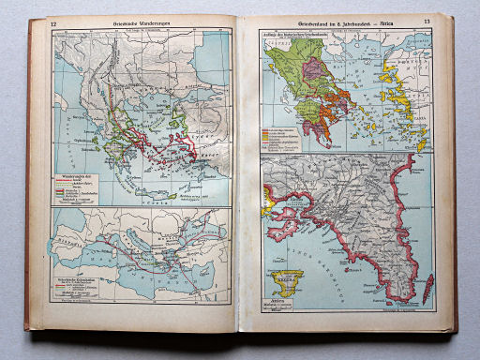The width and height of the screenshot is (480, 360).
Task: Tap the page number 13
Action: point(427,22)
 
